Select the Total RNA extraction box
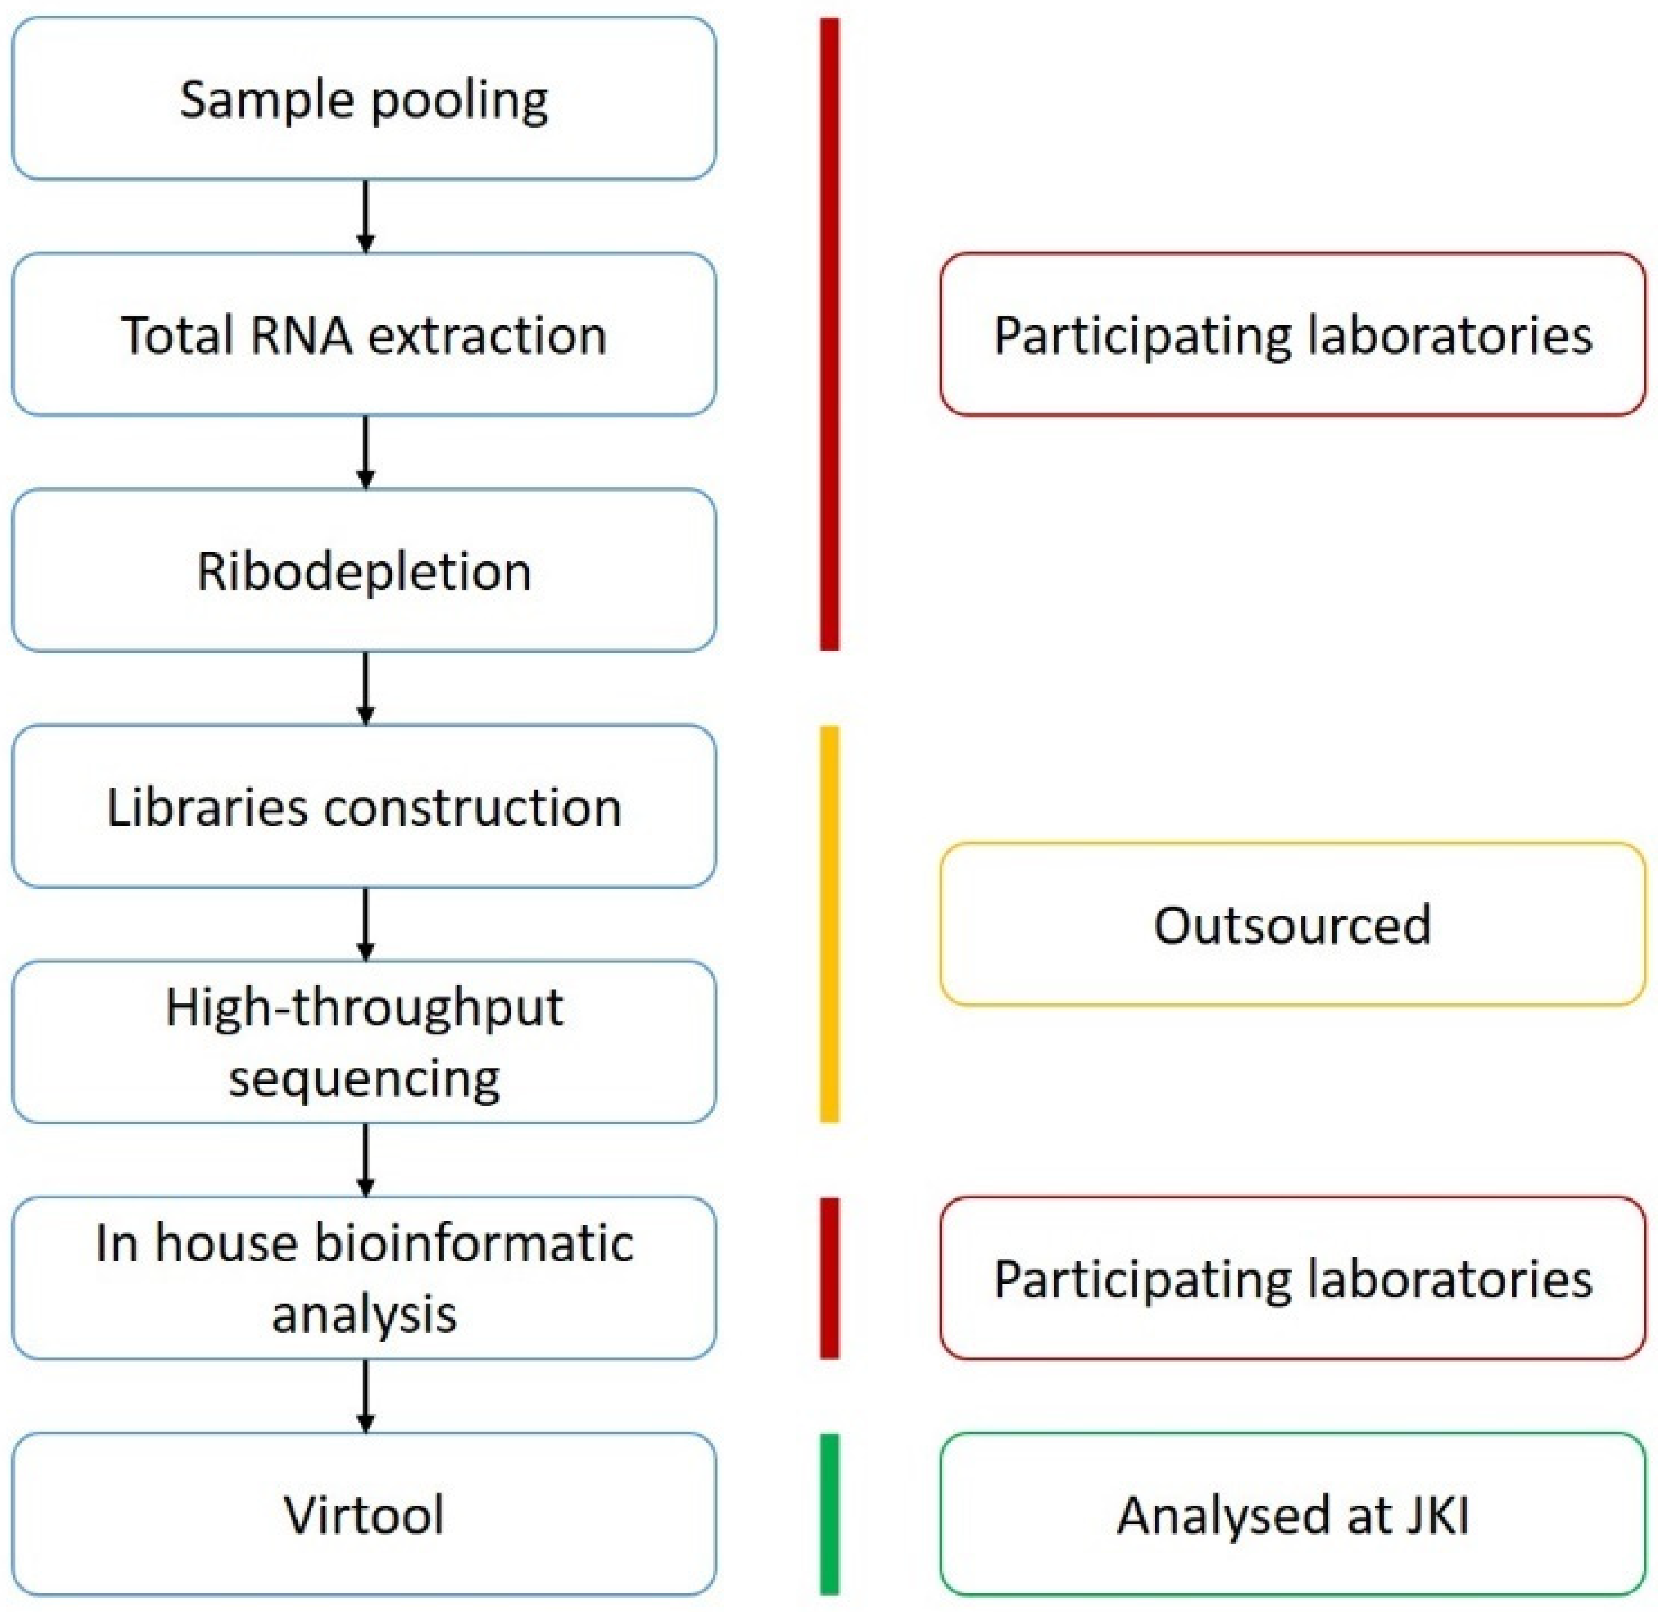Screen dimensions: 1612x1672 pyautogui.click(x=364, y=334)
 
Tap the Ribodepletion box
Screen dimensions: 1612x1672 pyautogui.click(x=364, y=570)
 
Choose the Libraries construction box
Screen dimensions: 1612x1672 pyautogui.click(x=364, y=806)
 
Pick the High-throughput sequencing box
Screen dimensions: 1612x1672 pyautogui.click(x=364, y=1042)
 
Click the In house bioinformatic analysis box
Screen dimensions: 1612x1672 pyautogui.click(x=364, y=1278)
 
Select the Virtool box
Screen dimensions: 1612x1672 pyautogui.click(x=364, y=1514)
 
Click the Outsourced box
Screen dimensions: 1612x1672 pyautogui.click(x=1292, y=924)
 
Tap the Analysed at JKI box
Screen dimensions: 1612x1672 pyautogui.click(x=1292, y=1514)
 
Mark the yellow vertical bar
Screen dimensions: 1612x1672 pyautogui.click(x=829, y=924)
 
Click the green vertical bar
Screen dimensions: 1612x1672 pyautogui.click(x=829, y=1514)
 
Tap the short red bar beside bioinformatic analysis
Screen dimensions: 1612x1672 pyautogui.click(x=829, y=1278)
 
